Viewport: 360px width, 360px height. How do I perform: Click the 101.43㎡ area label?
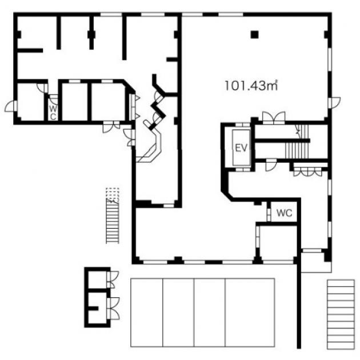[x=251, y=85]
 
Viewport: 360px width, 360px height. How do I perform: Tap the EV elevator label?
[x=241, y=148]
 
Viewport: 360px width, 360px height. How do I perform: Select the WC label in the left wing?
[x=53, y=112]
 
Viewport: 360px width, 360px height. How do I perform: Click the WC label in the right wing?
[x=285, y=213]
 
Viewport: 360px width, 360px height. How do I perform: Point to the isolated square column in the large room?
[x=255, y=35]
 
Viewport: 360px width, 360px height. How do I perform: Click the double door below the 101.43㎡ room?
[x=274, y=118]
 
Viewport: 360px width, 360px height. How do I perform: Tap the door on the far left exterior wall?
[x=11, y=106]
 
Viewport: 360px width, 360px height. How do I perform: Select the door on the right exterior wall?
[x=334, y=103]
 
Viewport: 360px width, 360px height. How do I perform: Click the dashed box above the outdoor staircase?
[x=113, y=193]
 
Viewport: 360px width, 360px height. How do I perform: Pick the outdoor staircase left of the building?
[x=113, y=221]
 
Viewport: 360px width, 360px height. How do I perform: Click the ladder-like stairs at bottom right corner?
[x=341, y=314]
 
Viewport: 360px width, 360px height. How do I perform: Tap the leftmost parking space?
[x=147, y=313]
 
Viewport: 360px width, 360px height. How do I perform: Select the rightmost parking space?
[x=250, y=313]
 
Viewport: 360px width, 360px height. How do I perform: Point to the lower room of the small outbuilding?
[x=98, y=308]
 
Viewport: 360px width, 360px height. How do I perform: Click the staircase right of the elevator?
[x=298, y=142]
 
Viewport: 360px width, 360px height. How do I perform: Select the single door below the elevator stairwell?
[x=271, y=165]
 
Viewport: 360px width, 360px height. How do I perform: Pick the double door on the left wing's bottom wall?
[x=111, y=127]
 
